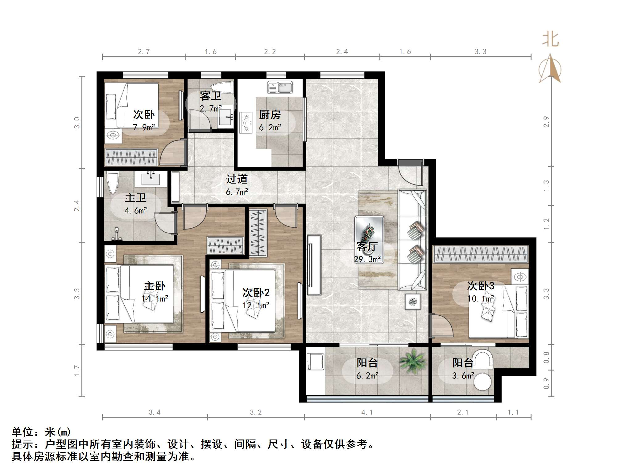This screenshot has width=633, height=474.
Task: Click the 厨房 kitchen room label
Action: (x=270, y=115)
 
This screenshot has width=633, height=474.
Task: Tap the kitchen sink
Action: (x=280, y=87)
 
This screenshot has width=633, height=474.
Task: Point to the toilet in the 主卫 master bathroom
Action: (x=112, y=183)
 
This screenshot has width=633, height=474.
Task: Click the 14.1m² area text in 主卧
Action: (x=155, y=298)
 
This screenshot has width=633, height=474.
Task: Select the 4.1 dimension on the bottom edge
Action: (x=367, y=412)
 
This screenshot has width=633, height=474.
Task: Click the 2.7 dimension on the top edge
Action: (x=144, y=51)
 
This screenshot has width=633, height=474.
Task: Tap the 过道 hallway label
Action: (x=237, y=179)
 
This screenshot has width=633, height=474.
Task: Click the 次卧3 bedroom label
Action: (x=480, y=286)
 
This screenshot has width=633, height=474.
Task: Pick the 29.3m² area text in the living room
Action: (x=367, y=259)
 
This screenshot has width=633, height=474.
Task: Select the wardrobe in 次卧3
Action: (x=481, y=254)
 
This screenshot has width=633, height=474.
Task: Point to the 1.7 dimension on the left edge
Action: (x=77, y=371)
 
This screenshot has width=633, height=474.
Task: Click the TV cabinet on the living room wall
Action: (x=314, y=265)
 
